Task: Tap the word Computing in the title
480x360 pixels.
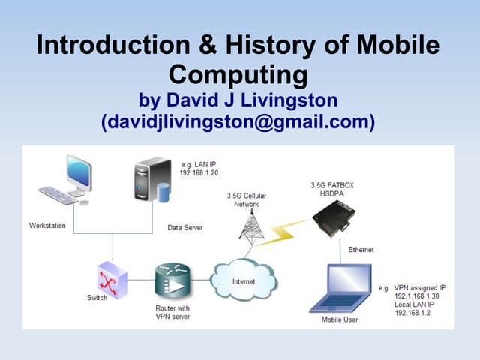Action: (238, 75)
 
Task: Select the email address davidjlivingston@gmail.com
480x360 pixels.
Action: (238, 121)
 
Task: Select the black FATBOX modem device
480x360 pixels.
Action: (335, 218)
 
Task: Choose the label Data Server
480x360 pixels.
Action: (184, 227)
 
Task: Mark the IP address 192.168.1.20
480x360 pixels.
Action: (199, 173)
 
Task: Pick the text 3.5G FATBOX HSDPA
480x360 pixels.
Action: (330, 188)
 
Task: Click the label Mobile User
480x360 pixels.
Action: (340, 320)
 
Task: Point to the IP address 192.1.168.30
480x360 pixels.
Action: (418, 296)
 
